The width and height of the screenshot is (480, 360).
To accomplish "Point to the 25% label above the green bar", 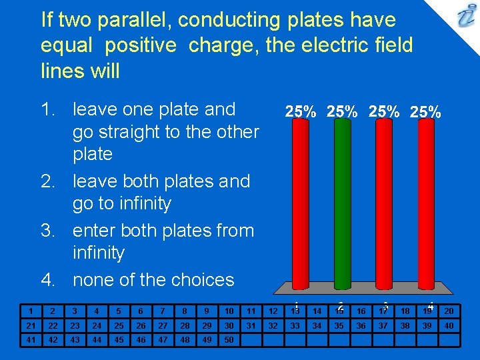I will click(341, 112).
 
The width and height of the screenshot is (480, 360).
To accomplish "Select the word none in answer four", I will click(93, 280).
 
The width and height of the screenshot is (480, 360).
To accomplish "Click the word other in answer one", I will click(234, 132).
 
